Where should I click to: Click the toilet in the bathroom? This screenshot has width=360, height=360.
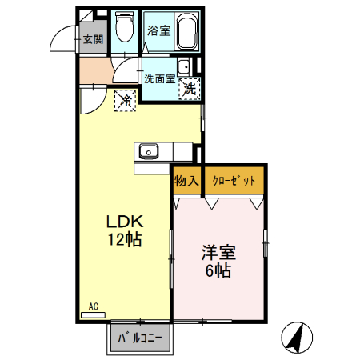[x=125, y=31]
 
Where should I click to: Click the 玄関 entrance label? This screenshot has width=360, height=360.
[x=92, y=38]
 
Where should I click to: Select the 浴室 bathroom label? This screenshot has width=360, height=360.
[x=158, y=31]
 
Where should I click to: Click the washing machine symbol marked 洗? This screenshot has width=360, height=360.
[x=190, y=89]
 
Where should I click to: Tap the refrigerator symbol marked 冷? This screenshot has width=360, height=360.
[x=125, y=100]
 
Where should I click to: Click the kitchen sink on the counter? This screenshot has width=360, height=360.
[x=150, y=151]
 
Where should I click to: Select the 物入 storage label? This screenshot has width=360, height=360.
[x=186, y=182]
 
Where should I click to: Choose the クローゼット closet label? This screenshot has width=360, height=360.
[x=234, y=182]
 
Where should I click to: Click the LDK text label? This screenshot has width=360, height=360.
[x=122, y=222]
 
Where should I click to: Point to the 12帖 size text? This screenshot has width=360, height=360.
[x=122, y=240]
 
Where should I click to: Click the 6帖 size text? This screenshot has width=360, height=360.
[x=218, y=271]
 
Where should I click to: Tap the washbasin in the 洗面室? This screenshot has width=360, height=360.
[x=184, y=67]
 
